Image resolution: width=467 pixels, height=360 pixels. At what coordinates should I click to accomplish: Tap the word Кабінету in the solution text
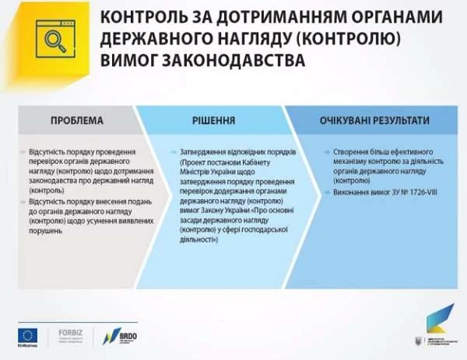click(271, 162)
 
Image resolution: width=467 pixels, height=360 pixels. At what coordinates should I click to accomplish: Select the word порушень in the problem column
click(44, 231)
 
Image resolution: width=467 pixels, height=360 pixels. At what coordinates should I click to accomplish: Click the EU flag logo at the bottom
click(30, 334)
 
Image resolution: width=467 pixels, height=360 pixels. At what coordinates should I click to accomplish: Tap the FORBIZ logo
click(70, 335)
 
